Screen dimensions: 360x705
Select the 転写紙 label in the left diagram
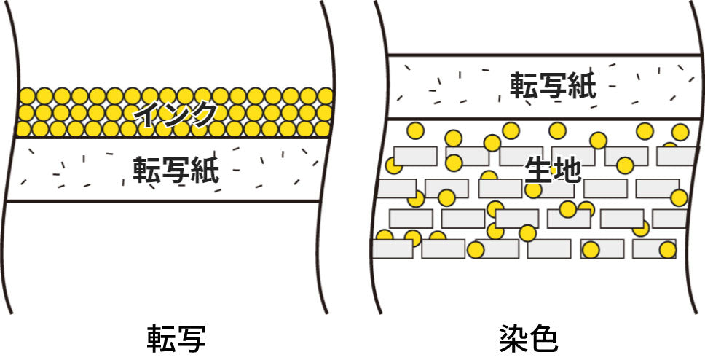tap(176, 170)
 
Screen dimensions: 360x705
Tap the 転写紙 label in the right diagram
tap(553, 86)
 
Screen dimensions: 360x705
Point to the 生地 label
tap(553, 170)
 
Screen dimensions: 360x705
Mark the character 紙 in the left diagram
tap(205, 170)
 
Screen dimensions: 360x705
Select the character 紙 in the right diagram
tap(582, 86)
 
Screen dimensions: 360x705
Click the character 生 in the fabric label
tap(539, 170)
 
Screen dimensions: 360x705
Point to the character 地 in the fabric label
tap(567, 170)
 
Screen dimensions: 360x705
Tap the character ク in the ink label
tap(205, 114)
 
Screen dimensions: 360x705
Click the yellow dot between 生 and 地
tap(554, 171)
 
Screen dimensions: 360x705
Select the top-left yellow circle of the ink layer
tap(27, 96)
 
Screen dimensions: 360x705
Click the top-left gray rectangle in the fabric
tap(415, 156)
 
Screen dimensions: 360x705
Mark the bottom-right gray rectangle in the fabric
tap(653, 249)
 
